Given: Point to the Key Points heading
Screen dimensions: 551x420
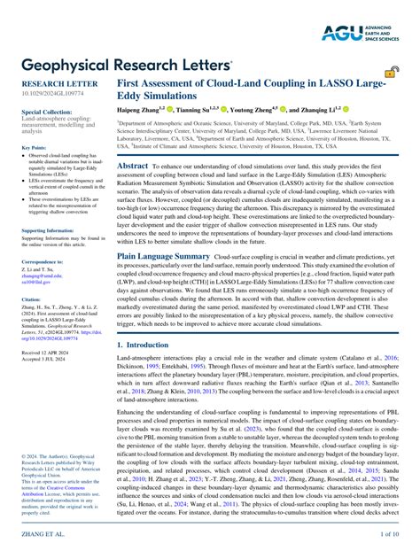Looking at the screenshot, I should coord(35,147).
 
